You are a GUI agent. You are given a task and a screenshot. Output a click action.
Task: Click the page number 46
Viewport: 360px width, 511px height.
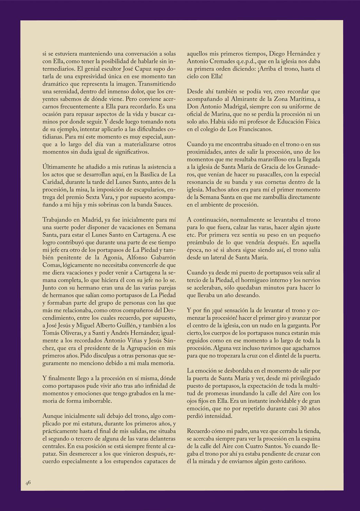pyautogui.click(x=28, y=483)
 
